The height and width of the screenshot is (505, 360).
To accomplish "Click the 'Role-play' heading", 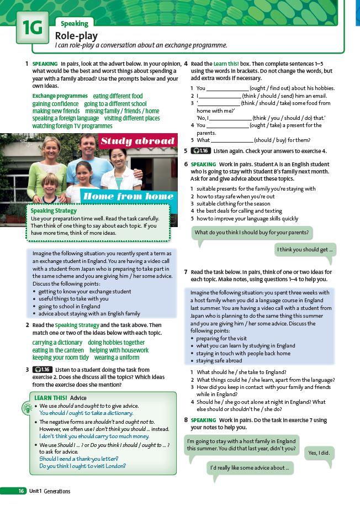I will point(76,35).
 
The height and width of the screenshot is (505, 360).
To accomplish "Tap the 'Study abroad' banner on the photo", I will point(137,141).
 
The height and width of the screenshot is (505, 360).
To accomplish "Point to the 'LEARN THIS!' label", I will point(50,398).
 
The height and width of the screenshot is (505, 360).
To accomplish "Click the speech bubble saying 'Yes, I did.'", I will point(319,453).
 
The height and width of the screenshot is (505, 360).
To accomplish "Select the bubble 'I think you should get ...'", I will point(305,250).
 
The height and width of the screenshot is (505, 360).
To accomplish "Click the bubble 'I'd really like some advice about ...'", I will point(250,468).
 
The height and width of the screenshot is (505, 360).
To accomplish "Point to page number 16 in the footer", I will point(20,491).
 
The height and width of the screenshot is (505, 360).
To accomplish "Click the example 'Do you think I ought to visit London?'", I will point(82,466).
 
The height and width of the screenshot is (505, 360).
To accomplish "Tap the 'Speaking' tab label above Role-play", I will point(75,24).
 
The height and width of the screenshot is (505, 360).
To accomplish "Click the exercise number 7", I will point(186,272).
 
